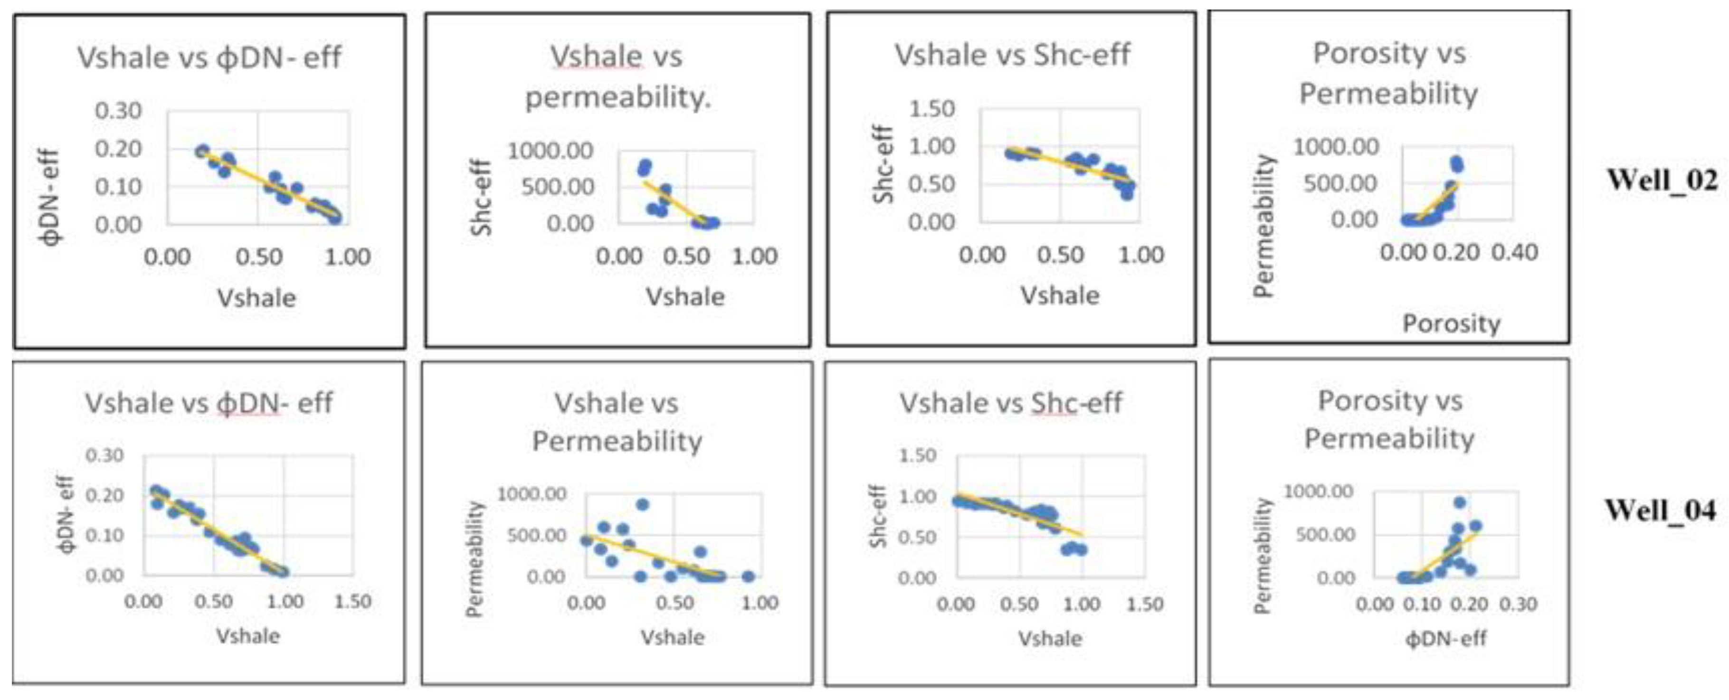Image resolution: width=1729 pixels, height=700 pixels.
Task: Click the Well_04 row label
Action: tap(1659, 510)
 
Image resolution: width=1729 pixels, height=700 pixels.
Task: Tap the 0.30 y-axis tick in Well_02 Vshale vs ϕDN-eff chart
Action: tap(118, 111)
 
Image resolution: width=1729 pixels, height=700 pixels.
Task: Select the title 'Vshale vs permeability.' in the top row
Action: tap(617, 76)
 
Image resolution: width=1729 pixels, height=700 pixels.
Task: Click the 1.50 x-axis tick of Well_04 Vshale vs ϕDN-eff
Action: tap(352, 601)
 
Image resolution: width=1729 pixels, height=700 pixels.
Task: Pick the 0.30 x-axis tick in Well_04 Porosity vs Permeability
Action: tap(1518, 604)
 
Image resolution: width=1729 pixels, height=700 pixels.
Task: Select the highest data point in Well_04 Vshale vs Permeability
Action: tap(642, 504)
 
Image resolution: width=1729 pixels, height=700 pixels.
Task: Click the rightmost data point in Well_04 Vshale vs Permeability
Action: tap(749, 576)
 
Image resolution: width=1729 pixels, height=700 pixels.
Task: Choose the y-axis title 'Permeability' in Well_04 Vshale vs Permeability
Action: tap(475, 558)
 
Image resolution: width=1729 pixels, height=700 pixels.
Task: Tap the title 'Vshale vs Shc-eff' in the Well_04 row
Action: tap(1010, 403)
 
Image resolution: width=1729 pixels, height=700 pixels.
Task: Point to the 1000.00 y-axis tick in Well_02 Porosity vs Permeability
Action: tap(1336, 146)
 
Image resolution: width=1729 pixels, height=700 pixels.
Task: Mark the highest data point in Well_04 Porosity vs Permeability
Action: tap(1459, 502)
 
